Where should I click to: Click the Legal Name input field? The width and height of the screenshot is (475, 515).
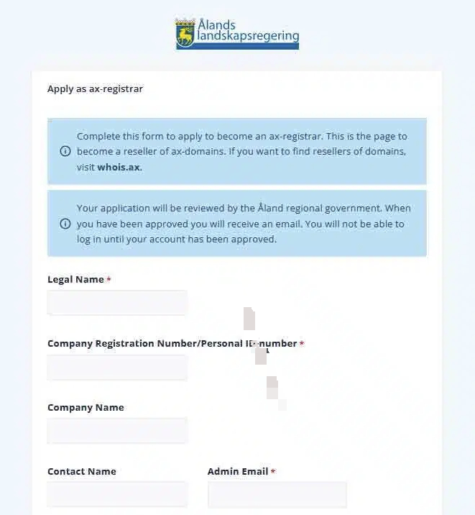[x=117, y=303]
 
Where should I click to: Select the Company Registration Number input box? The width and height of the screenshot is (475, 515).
[x=117, y=367]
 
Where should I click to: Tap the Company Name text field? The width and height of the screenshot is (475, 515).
[x=117, y=431]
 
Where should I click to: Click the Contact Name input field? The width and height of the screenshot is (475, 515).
[x=117, y=495]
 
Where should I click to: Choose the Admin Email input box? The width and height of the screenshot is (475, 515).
[x=277, y=495]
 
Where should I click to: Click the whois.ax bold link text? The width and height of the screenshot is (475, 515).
[x=119, y=167]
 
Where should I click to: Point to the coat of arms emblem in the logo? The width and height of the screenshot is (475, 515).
[x=185, y=34]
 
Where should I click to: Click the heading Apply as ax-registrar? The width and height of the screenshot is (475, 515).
[x=95, y=89]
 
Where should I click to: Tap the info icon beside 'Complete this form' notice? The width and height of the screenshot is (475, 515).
[x=65, y=152]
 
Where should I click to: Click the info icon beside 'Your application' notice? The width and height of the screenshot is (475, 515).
[x=65, y=224]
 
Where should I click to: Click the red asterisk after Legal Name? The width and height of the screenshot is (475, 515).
[x=109, y=280]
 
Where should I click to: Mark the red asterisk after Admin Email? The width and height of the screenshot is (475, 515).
[x=273, y=473]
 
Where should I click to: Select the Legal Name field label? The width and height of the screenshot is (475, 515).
[x=75, y=279]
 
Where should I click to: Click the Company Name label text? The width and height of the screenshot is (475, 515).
[x=86, y=407]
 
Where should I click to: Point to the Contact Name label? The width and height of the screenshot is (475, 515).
[x=81, y=471]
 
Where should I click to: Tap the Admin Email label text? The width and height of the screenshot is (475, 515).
[x=237, y=471]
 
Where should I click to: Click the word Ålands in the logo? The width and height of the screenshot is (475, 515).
[x=216, y=25]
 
